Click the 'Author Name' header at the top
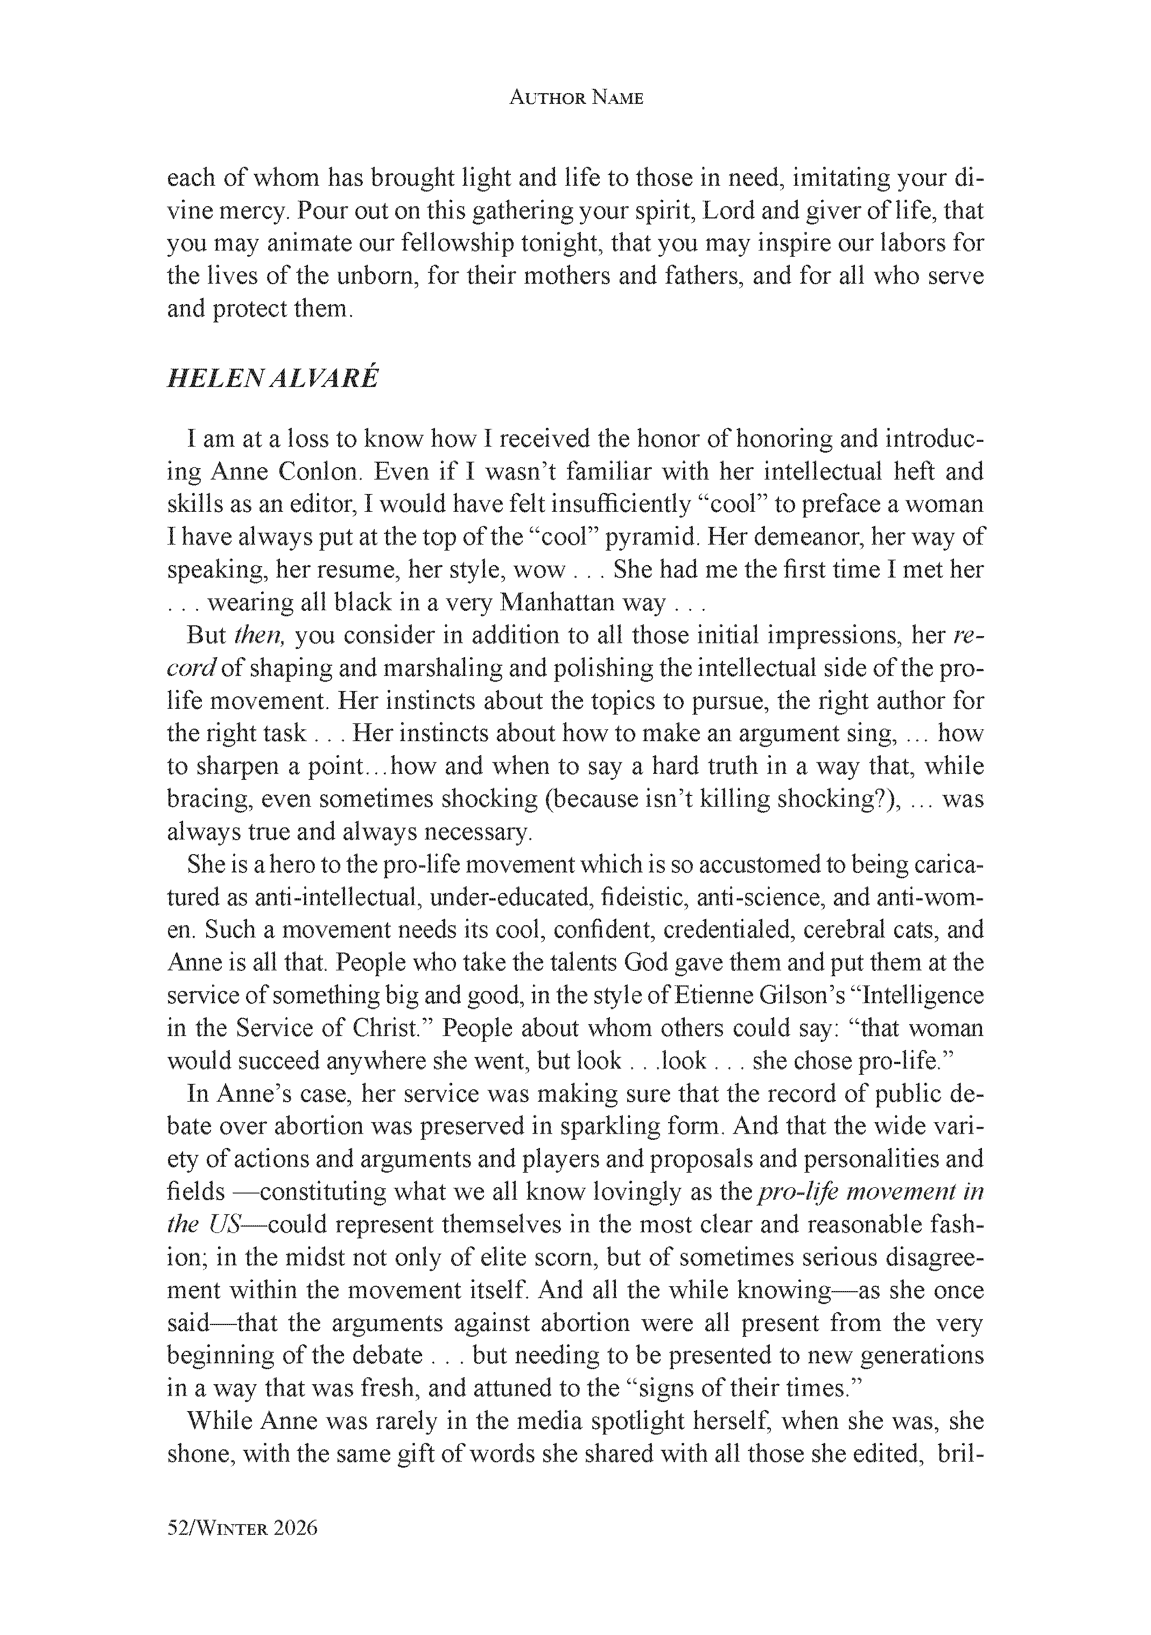pos(575,98)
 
